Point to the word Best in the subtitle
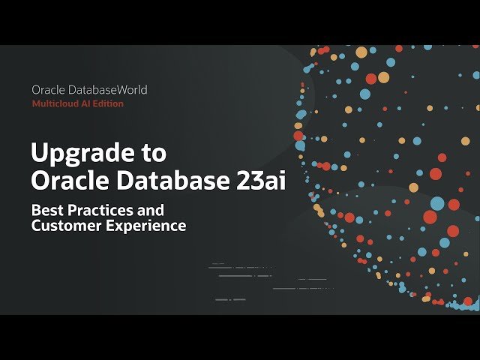tap(45, 210)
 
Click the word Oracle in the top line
tap(48, 90)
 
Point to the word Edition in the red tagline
tap(108, 103)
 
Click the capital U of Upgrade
tap(39, 153)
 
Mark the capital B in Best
tap(36, 210)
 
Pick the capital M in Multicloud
tap(35, 103)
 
